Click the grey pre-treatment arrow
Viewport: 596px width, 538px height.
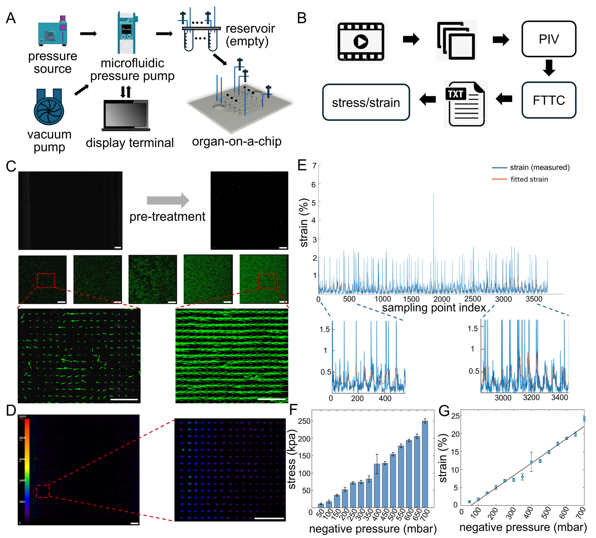click(x=168, y=200)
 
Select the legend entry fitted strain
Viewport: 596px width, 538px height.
click(x=529, y=179)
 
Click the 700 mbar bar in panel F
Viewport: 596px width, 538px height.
click(x=425, y=464)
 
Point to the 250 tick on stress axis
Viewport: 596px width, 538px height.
click(x=304, y=421)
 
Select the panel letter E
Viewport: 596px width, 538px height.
click(x=302, y=165)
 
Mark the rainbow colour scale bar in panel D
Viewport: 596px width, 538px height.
click(x=27, y=470)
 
